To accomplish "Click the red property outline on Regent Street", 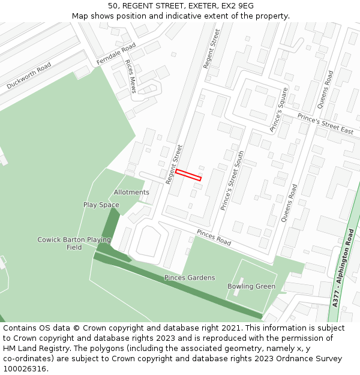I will (188, 175).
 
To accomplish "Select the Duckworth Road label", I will (29, 77).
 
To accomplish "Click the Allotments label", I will (131, 193).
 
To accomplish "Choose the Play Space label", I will (101, 205).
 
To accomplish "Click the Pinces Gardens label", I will (190, 278).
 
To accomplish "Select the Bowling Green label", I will (251, 286).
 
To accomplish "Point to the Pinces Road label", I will (214, 238).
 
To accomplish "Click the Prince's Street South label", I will (232, 181).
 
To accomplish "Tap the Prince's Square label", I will (279, 110).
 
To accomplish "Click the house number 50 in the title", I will (113, 6).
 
